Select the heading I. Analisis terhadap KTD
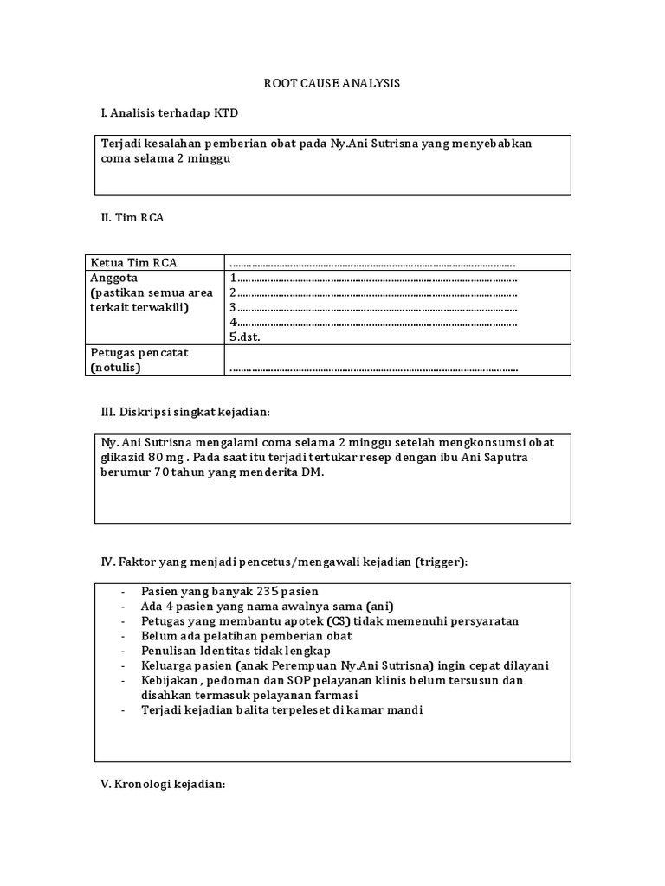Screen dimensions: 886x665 (170, 113)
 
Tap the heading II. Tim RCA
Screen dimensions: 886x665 (132, 217)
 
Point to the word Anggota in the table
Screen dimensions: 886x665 (113, 279)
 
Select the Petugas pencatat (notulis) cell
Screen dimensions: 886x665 (139, 360)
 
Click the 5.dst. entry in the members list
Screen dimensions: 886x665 (245, 337)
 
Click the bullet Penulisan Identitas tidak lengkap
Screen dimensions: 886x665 (236, 651)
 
